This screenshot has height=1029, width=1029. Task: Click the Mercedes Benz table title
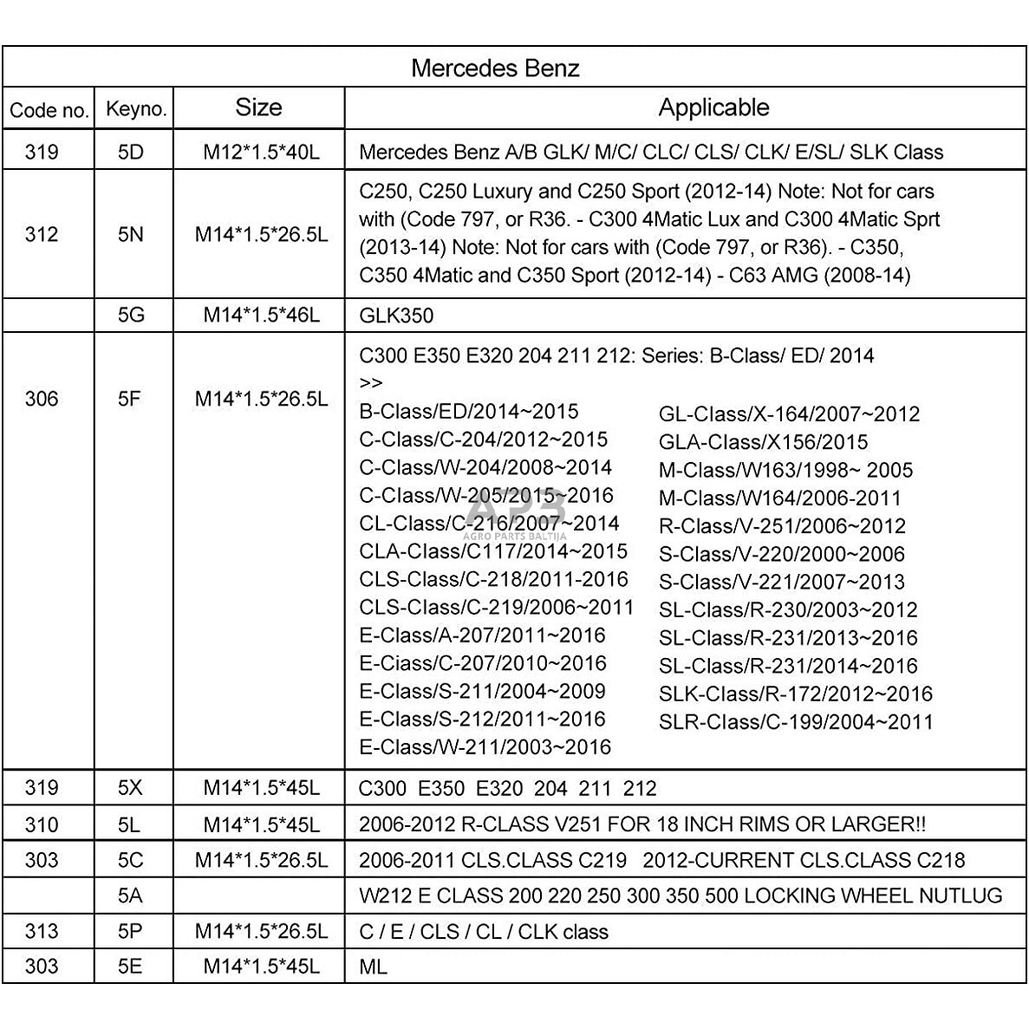point(495,68)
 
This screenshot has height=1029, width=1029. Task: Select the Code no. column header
point(49,110)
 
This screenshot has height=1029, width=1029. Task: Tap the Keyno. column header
point(135,109)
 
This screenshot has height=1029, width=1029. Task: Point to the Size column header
point(258,107)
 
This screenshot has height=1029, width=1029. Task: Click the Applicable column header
point(713,107)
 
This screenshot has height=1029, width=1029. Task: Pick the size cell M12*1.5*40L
point(261,152)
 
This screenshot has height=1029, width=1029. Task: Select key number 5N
point(131,234)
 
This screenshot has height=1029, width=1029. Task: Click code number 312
point(42,234)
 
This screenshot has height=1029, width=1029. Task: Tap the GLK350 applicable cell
point(396,316)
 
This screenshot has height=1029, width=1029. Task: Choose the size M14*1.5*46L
point(261,315)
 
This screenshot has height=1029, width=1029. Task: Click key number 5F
point(129,399)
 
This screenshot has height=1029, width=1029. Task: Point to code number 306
point(42,399)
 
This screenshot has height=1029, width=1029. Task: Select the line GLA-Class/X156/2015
point(763,442)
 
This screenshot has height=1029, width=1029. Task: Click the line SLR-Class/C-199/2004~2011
point(796,721)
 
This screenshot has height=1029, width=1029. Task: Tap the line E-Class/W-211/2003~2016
point(485,746)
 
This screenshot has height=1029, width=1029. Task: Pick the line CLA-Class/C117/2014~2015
point(493,551)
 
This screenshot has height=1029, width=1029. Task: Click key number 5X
point(131,788)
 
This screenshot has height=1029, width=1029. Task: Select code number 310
point(42,824)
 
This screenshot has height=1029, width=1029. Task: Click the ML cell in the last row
point(373,966)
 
